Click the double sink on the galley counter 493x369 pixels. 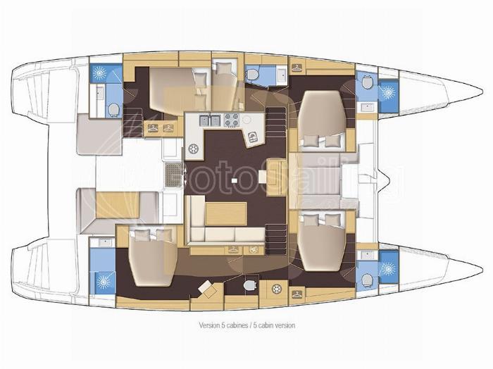click(209, 120)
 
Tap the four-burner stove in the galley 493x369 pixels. click(232, 120)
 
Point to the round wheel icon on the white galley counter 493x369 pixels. click(193, 148)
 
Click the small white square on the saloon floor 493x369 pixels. click(234, 180)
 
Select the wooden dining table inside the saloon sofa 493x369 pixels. click(226, 214)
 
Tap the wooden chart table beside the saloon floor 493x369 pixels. click(276, 177)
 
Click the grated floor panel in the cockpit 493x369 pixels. click(173, 175)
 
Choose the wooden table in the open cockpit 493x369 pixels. click(118, 205)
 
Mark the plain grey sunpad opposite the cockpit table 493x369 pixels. click(99, 135)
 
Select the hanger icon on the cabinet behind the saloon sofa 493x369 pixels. click(233, 250)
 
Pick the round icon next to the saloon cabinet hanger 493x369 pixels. click(252, 250)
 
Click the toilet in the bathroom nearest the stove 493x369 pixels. click(252, 75)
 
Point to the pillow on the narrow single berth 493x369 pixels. click(224, 68)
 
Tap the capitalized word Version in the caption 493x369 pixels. click(208, 325)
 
